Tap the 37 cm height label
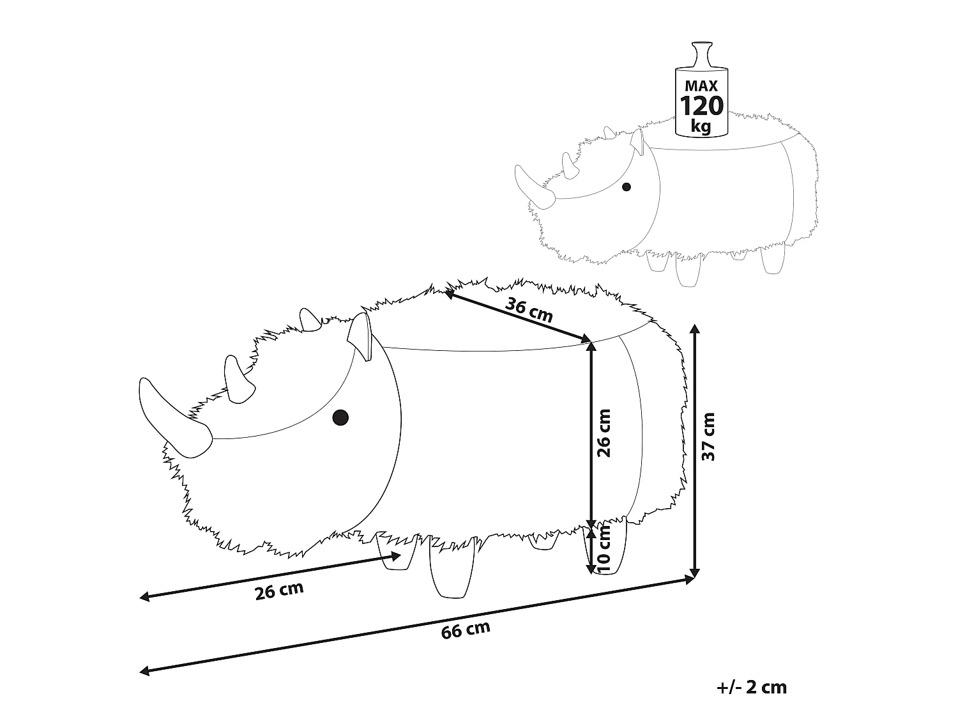(708, 437)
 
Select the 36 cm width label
(529, 310)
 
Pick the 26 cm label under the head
(279, 591)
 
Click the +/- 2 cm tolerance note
(752, 688)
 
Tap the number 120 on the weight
(702, 105)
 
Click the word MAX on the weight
(701, 86)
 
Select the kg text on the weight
(701, 126)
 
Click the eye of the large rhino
(340, 417)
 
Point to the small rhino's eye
(627, 187)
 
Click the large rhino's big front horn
(174, 418)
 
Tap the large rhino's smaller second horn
(239, 380)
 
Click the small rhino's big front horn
(534, 187)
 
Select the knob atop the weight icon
(703, 54)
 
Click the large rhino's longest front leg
(452, 568)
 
